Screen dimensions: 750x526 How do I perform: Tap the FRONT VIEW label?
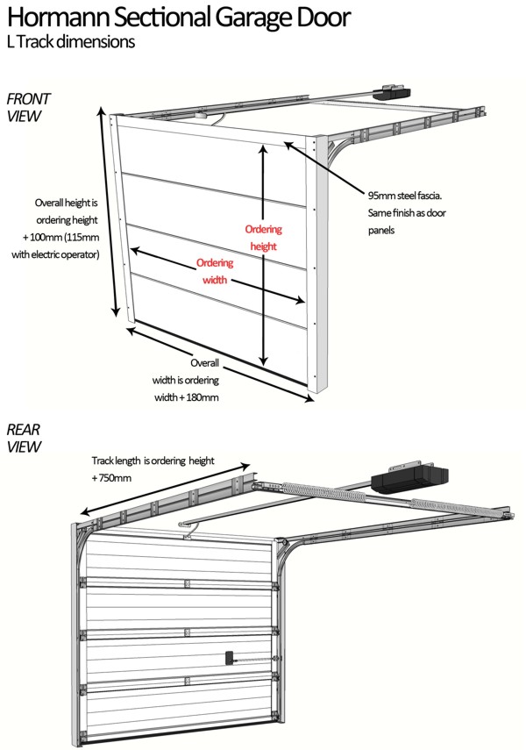(x=29, y=107)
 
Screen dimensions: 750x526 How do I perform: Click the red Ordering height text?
(x=263, y=238)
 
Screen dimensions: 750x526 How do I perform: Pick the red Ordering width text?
(x=215, y=272)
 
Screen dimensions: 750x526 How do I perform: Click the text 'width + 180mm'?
(x=185, y=397)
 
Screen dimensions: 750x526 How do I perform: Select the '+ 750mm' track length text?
(x=111, y=478)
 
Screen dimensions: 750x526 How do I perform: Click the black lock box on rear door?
(x=230, y=656)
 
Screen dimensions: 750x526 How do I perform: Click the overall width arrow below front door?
(x=219, y=365)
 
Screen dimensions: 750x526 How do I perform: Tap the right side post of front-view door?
(x=321, y=263)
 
